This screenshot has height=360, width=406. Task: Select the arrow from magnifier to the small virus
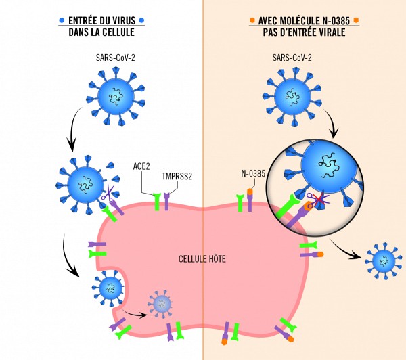[349, 252]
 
